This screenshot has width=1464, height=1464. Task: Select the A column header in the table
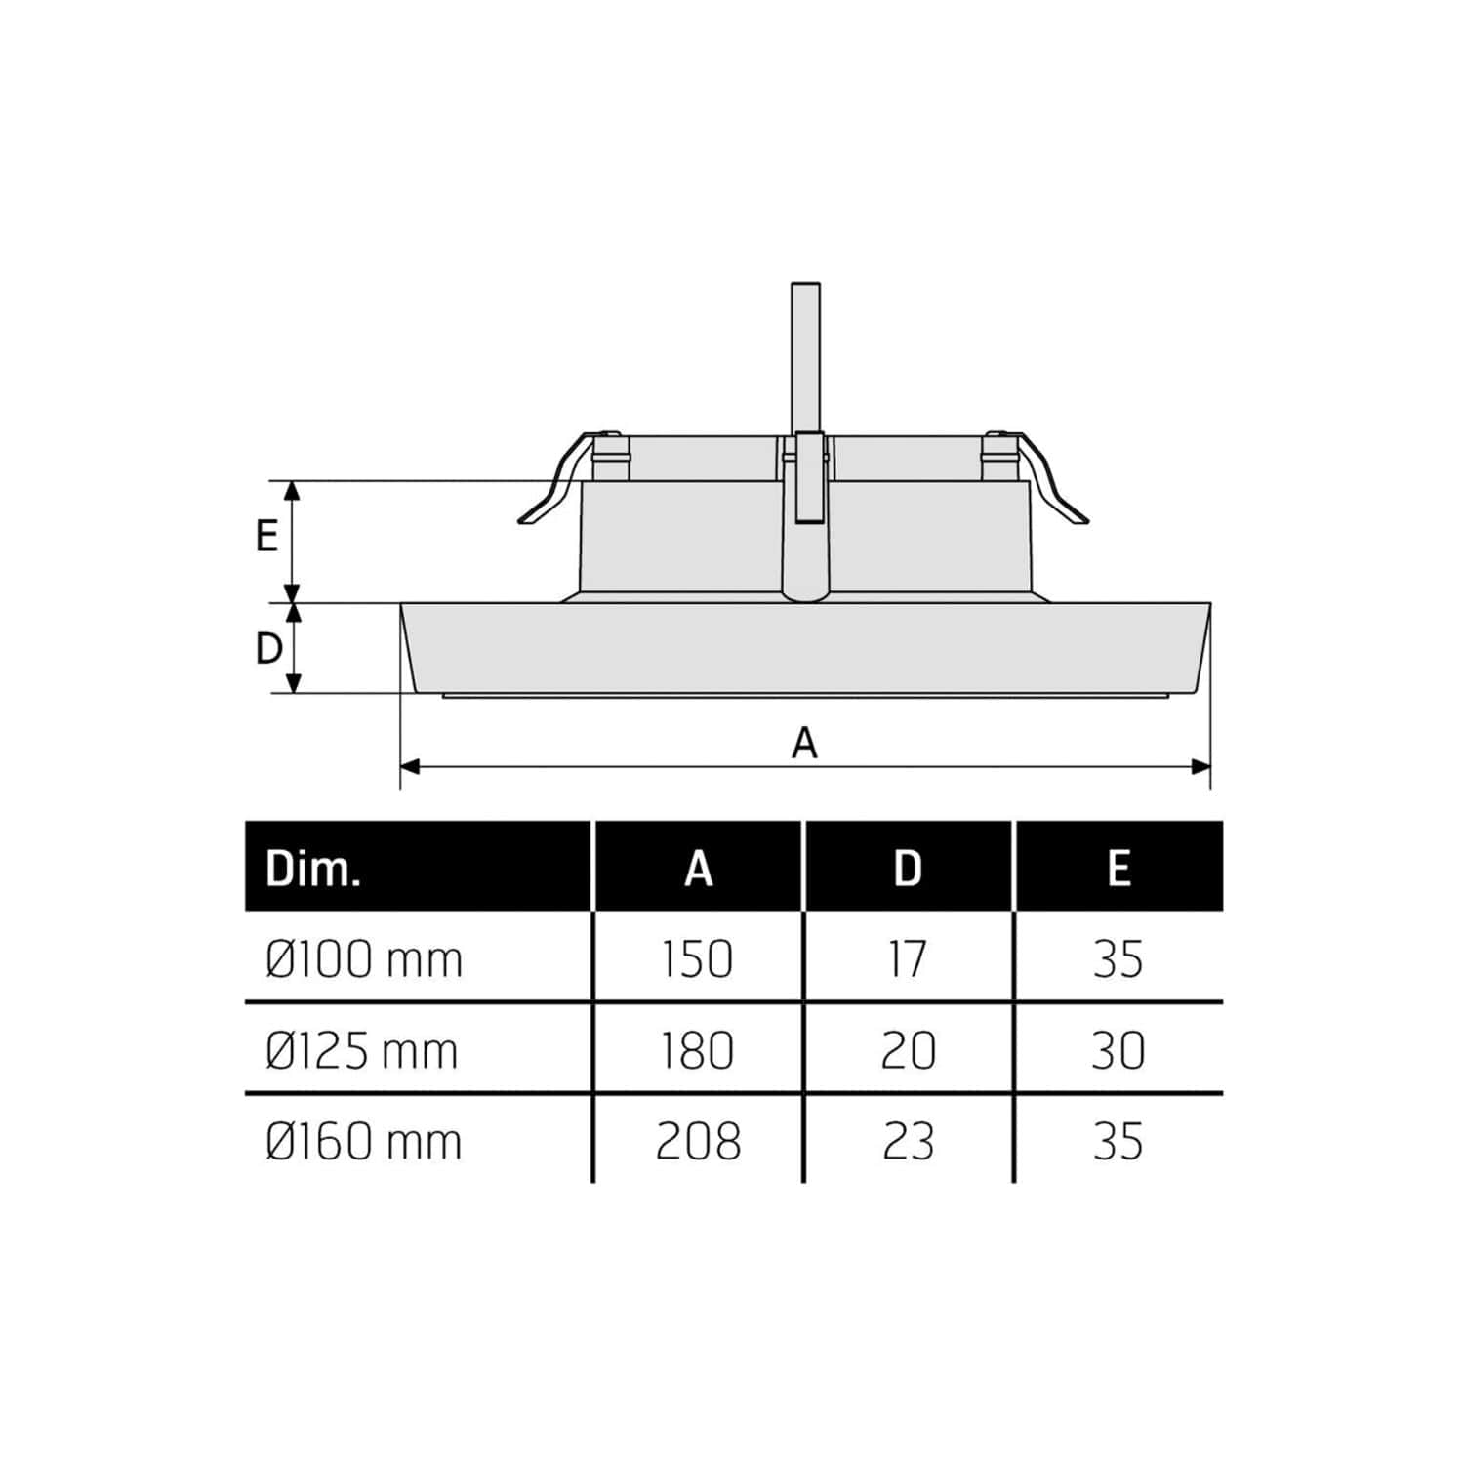click(699, 868)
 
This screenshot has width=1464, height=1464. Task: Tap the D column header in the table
click(908, 868)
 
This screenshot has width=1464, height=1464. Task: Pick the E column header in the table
click(1118, 868)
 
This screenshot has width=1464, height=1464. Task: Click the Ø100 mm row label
click(363, 959)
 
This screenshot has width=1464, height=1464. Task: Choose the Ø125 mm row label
click(361, 1051)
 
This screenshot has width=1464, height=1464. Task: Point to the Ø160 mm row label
click(363, 1142)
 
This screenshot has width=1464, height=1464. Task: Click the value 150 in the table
click(698, 959)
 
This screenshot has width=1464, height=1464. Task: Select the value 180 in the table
click(698, 1051)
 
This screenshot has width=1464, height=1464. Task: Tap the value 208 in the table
click(698, 1142)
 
